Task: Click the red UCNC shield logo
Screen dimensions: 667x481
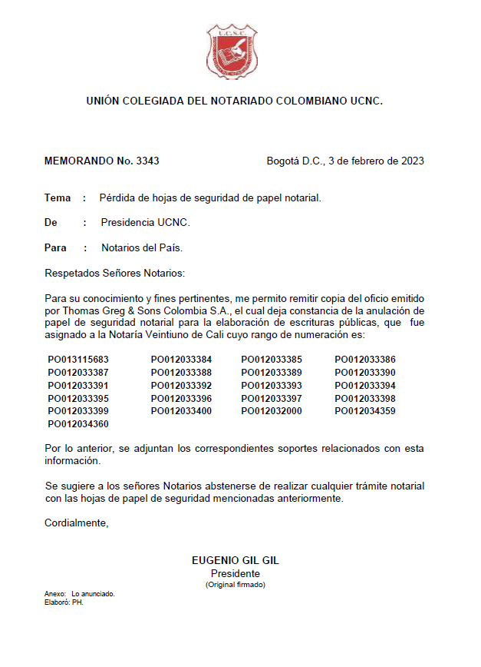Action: tap(232, 51)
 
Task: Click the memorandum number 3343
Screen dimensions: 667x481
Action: tap(147, 161)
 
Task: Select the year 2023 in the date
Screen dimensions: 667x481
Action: tap(410, 161)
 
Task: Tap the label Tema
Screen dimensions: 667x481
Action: tap(58, 198)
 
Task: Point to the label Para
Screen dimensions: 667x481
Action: tap(56, 248)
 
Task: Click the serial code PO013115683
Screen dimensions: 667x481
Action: tap(78, 360)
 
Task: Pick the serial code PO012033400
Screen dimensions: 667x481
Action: tap(181, 411)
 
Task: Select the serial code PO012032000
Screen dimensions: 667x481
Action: tap(272, 411)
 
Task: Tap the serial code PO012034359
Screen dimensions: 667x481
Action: tap(365, 411)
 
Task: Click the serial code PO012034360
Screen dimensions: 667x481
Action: tap(78, 424)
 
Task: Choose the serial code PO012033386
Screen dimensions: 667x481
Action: tap(365, 360)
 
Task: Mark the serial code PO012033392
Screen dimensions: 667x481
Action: tap(181, 386)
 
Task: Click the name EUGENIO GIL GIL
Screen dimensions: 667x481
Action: tap(235, 561)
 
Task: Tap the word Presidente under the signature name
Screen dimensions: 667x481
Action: tap(235, 573)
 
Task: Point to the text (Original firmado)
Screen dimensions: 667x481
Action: tap(235, 585)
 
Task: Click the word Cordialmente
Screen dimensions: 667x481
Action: tap(77, 523)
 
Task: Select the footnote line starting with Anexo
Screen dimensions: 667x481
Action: tap(80, 594)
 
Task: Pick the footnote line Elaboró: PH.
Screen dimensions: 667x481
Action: tap(64, 602)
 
